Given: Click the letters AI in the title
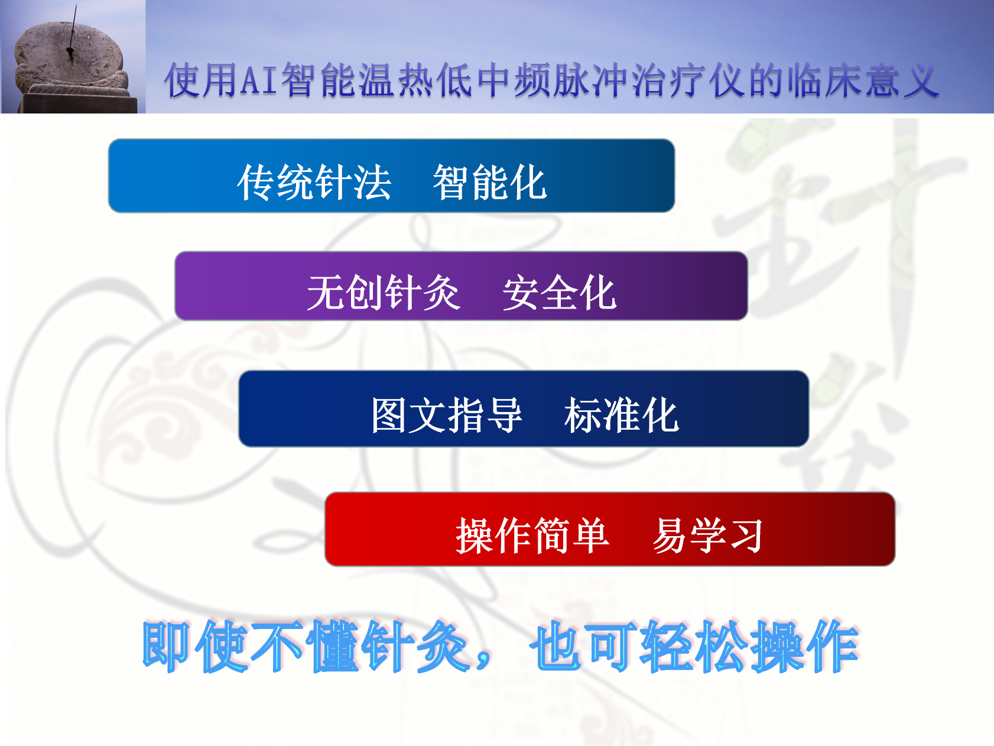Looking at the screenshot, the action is (259, 80).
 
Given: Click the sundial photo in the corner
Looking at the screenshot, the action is (73, 57).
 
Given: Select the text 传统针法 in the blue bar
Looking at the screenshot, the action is (314, 182).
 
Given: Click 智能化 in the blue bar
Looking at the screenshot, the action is (490, 182).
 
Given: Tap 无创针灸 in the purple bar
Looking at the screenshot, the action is (383, 292).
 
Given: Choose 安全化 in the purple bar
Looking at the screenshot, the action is (559, 292).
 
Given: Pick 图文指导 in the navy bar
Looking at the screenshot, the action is (447, 414).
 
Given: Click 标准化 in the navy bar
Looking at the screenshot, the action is (621, 414).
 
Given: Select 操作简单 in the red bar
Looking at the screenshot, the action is (532, 535).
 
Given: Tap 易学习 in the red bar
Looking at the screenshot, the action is (707, 535).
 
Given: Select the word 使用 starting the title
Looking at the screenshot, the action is (202, 80).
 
